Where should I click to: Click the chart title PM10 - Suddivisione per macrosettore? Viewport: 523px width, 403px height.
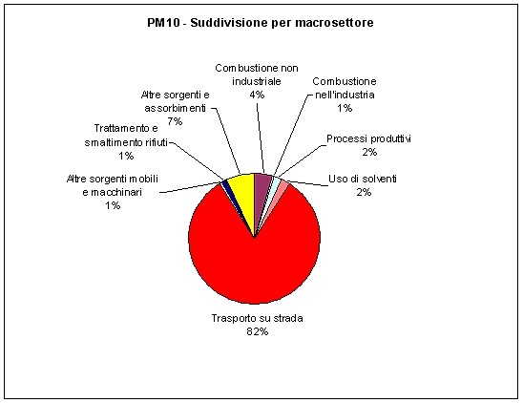tap(261, 23)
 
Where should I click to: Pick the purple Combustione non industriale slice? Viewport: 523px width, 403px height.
tap(261, 183)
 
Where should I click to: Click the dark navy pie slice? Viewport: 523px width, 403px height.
tap(225, 183)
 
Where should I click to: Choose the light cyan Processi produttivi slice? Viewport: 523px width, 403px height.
tap(276, 182)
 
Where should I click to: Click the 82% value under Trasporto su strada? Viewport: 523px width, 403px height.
tap(257, 331)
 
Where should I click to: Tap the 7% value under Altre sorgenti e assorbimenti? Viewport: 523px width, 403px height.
tap(175, 121)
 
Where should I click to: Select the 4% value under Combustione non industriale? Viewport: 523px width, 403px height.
tap(257, 95)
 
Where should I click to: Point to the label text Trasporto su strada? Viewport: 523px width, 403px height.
tap(257, 318)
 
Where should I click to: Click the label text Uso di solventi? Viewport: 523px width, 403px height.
tap(363, 179)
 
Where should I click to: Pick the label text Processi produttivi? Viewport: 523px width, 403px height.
tap(368, 138)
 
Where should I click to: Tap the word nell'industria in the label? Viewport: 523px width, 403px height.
tap(345, 95)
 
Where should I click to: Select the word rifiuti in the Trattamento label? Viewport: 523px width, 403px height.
tap(157, 142)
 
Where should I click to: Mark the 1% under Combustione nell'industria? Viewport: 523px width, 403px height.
tap(345, 108)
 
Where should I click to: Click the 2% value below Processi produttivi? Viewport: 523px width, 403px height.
tap(369, 152)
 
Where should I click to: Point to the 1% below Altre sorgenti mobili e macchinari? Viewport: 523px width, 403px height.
tap(113, 205)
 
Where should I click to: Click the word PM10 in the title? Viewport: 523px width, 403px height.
tap(163, 23)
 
